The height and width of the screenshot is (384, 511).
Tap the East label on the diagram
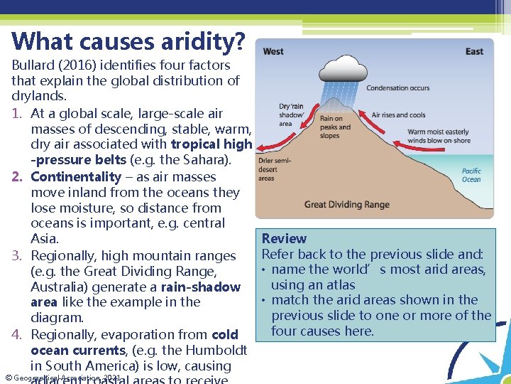click(474, 51)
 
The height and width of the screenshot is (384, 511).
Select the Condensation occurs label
click(397, 88)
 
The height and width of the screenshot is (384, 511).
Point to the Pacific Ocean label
click(471, 175)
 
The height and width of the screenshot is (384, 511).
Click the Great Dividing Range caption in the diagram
click(347, 205)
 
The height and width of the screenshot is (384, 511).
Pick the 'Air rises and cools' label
click(398, 115)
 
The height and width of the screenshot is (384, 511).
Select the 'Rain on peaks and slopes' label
click(335, 127)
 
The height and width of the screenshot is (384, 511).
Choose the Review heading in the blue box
click(284, 239)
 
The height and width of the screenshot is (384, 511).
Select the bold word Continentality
click(76, 177)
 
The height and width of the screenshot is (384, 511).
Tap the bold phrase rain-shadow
click(201, 287)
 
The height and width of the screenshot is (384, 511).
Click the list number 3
click(17, 255)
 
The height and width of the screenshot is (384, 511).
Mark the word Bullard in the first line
click(33, 65)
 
